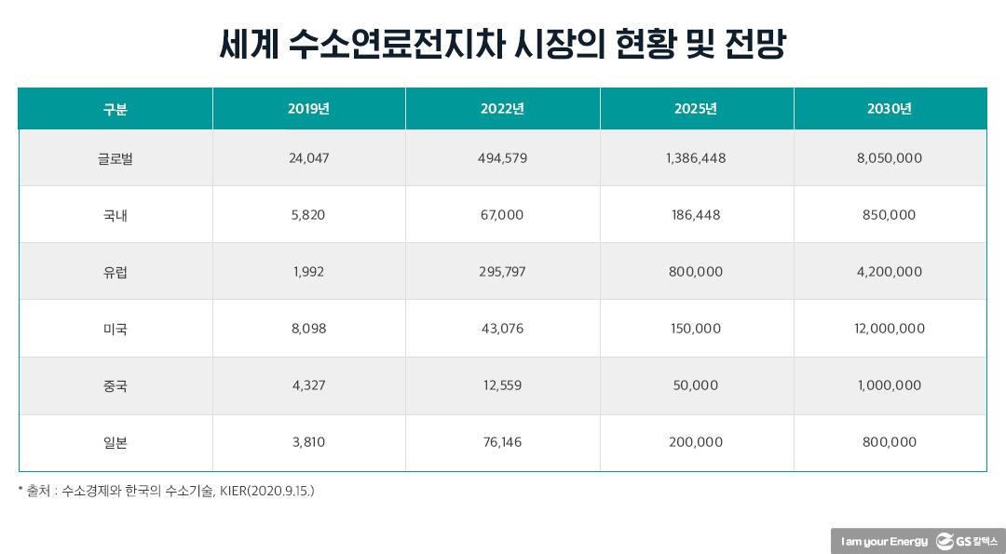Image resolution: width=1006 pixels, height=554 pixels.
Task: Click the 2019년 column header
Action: click(308, 109)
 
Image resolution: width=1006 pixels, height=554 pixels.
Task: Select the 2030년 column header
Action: click(889, 109)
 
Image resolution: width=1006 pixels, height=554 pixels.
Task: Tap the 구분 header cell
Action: click(115, 109)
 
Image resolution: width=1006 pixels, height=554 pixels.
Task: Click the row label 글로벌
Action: click(115, 158)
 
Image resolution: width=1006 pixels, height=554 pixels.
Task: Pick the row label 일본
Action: click(115, 442)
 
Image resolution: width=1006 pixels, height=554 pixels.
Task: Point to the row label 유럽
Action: click(115, 272)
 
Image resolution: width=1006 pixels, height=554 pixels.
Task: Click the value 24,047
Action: click(308, 158)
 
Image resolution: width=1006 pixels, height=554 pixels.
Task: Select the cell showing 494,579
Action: click(502, 158)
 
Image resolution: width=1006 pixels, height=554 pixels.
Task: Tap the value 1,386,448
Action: click(696, 158)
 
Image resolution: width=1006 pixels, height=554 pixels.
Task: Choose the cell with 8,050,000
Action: click(889, 158)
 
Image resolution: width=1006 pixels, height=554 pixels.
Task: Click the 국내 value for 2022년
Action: click(502, 215)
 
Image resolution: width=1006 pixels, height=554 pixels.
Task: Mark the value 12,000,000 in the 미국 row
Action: click(889, 329)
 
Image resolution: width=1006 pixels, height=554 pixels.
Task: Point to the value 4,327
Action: click(308, 385)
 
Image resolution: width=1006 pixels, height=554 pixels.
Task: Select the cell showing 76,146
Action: click(502, 442)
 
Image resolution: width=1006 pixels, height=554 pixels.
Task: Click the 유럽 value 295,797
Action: click(502, 272)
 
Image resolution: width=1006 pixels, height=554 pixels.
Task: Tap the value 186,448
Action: click(696, 215)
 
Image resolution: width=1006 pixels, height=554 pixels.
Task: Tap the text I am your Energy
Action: click(883, 541)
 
